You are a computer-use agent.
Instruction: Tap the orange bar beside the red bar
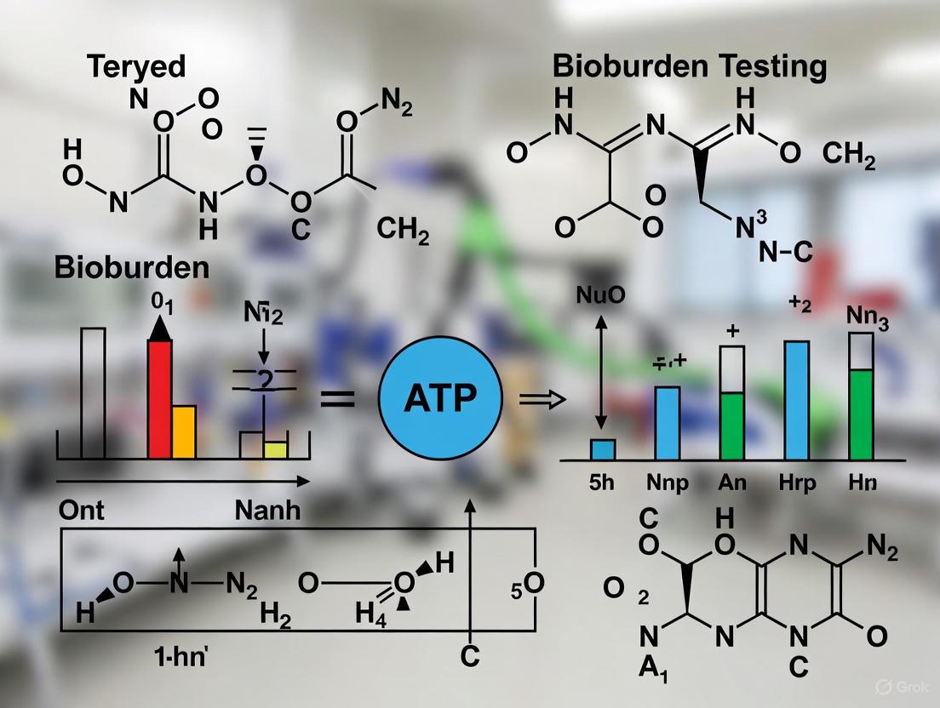pos(184,431)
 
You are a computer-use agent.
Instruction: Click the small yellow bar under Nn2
pos(275,449)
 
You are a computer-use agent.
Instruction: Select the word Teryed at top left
pos(136,67)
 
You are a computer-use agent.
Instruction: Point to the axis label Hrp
pos(797,482)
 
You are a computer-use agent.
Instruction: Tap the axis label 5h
pos(601,482)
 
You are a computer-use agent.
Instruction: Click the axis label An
pos(732,482)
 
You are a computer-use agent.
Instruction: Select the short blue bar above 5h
pos(603,449)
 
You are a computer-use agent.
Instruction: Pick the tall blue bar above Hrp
pos(796,400)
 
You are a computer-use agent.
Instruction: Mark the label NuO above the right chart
pos(601,297)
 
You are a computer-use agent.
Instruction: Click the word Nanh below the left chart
pos(267,511)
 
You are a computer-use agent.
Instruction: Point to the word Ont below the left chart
pos(81,511)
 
